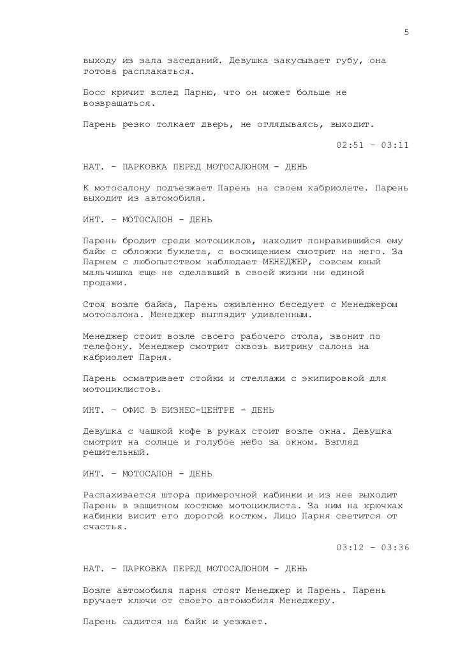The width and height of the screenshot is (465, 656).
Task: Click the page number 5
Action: (x=406, y=33)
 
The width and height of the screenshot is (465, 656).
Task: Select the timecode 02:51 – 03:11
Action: (x=372, y=145)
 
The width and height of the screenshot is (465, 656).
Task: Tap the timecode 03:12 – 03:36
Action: (x=372, y=547)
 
